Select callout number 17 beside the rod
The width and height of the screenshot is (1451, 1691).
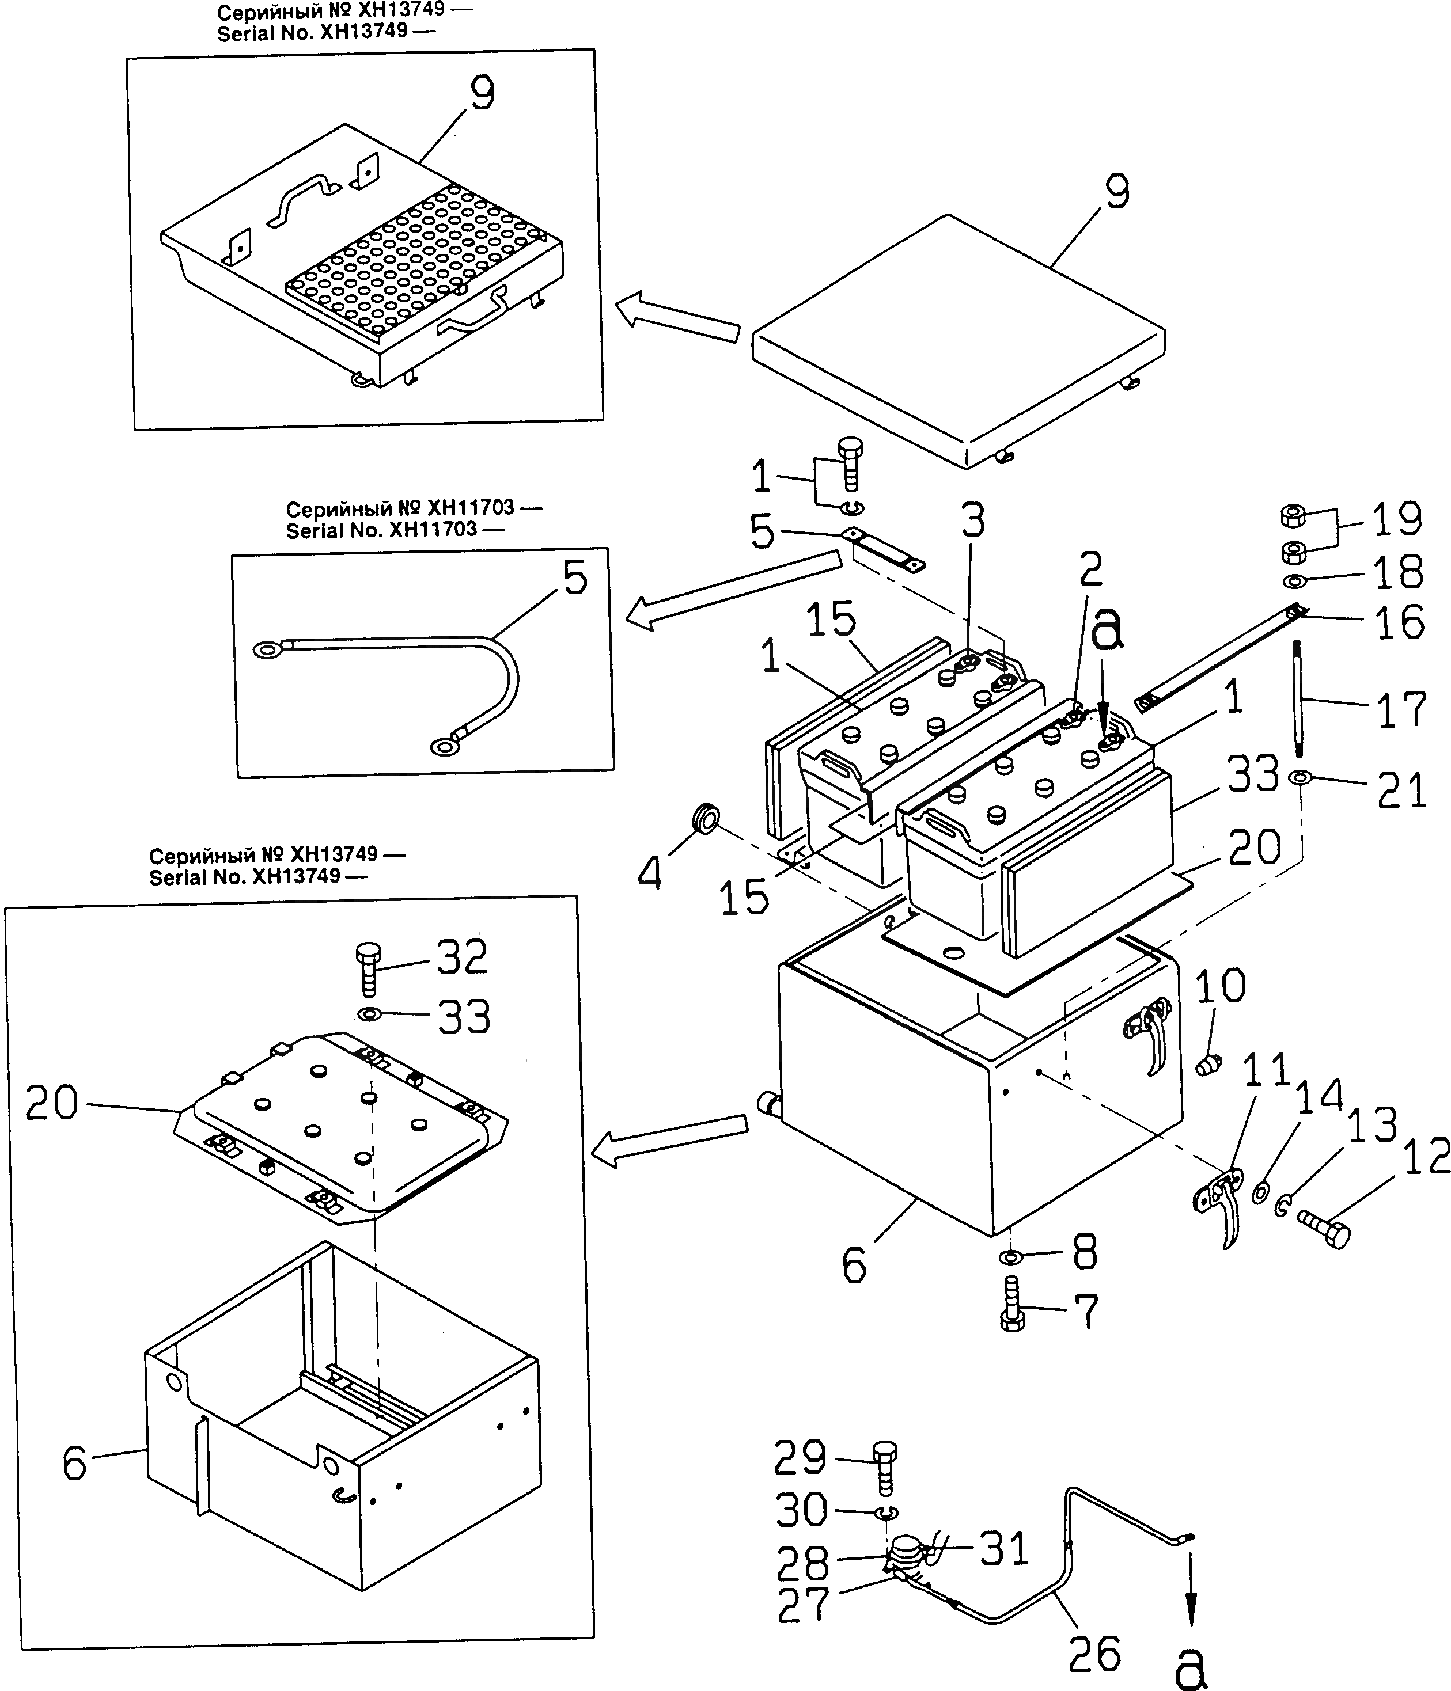pyautogui.click(x=1401, y=710)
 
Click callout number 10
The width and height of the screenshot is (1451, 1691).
pyautogui.click(x=1220, y=985)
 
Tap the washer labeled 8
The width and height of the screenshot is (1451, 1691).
pyautogui.click(x=1009, y=1256)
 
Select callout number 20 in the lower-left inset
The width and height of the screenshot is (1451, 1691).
pyautogui.click(x=51, y=1103)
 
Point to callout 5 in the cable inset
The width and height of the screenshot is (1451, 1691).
pyautogui.click(x=575, y=579)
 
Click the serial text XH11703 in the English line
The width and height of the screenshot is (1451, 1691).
pyautogui.click(x=433, y=530)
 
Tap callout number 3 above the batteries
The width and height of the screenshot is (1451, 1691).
pyautogui.click(x=972, y=520)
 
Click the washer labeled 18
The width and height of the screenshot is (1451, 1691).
pyautogui.click(x=1294, y=581)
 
